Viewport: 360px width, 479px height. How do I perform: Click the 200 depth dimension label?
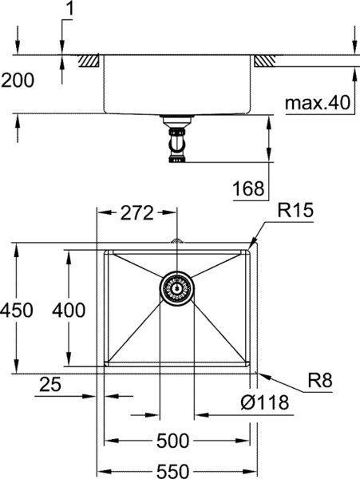tap(18, 81)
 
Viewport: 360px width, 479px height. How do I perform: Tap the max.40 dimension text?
tap(317, 103)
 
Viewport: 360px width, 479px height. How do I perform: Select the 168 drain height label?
tap(248, 188)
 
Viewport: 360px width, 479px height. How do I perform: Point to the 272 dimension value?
tap(136, 212)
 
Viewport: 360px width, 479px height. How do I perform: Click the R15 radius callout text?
tap(295, 210)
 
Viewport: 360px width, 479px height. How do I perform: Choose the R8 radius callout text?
tap(320, 380)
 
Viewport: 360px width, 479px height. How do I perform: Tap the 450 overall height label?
tap(17, 310)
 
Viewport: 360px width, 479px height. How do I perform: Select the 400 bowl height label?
tap(69, 310)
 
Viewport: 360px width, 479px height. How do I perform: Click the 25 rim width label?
tap(50, 384)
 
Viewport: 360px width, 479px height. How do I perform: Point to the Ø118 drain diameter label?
tap(264, 402)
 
